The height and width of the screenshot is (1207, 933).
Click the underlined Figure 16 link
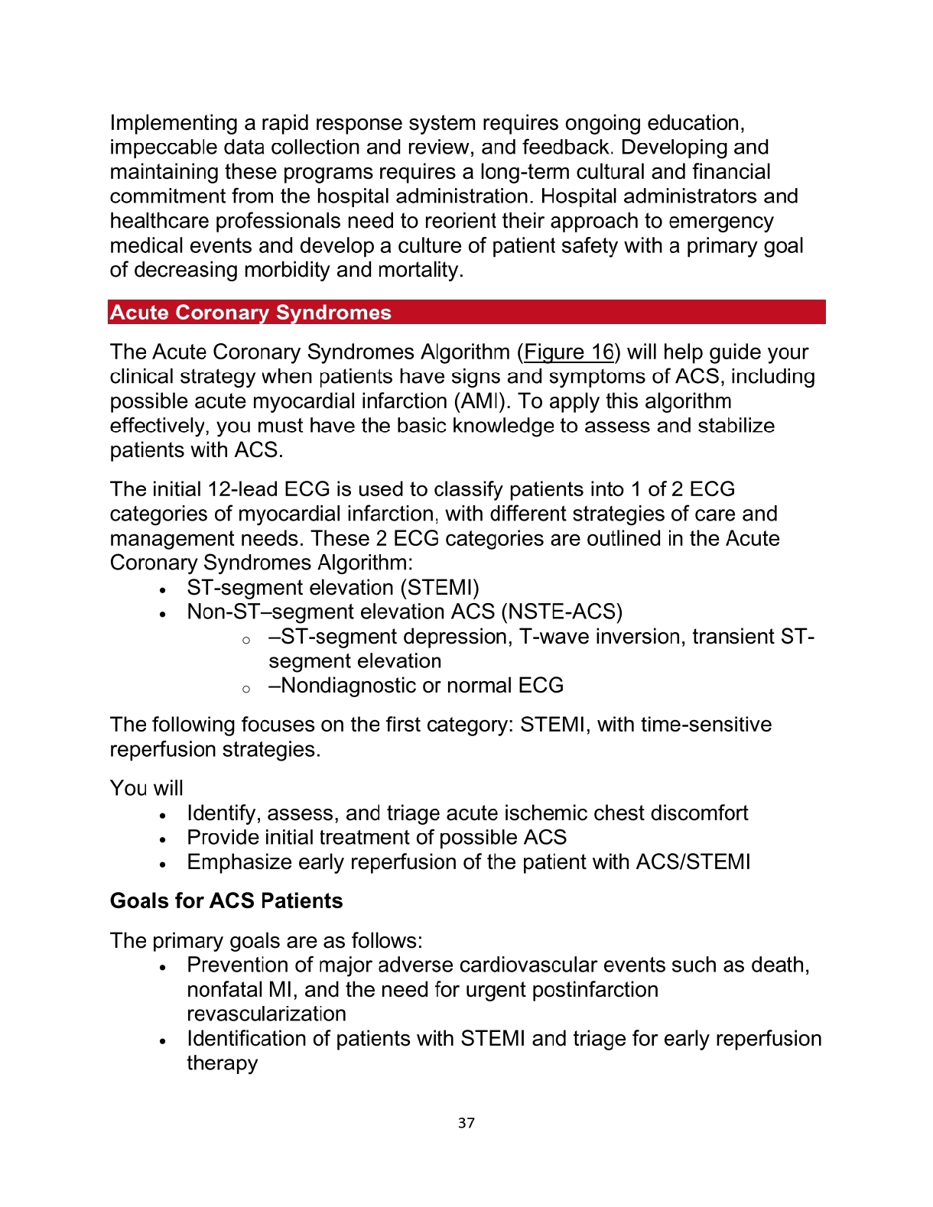[569, 352]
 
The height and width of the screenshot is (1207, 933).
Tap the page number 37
[466, 1123]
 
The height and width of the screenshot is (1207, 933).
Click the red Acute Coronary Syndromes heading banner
[466, 313]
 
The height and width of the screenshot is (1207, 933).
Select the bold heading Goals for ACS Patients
[226, 901]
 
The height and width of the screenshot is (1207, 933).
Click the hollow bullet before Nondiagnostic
[246, 689]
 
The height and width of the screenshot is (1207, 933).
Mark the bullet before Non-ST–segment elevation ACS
[163, 614]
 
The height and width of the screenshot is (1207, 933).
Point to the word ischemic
[552, 813]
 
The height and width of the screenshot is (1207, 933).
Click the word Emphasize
[239, 862]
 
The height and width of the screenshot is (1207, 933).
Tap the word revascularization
[266, 1014]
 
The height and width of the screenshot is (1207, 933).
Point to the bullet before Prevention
[163, 967]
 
